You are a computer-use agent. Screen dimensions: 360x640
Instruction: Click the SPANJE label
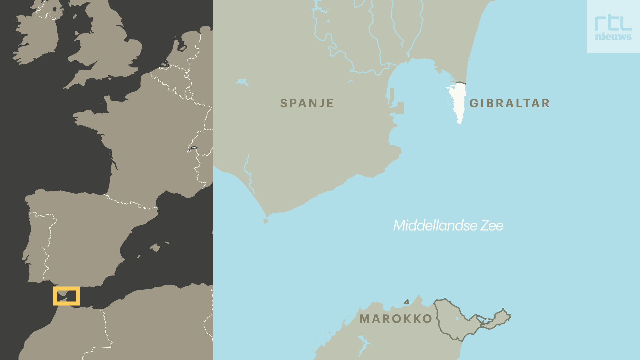[307, 103]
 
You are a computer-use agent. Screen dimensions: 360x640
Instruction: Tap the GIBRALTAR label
[509, 103]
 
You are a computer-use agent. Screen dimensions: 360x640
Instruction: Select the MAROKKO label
[396, 319]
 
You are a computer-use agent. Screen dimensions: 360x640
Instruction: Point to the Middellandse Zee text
[448, 226]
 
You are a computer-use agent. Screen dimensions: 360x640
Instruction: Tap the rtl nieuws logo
[613, 27]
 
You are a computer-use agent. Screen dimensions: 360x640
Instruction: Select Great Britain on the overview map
[107, 50]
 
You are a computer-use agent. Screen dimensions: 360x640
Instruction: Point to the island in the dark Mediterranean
[155, 247]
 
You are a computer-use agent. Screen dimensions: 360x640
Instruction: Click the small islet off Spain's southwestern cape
[266, 221]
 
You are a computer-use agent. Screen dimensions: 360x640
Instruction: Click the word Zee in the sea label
[492, 226]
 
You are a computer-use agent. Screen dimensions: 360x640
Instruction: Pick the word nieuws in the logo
[613, 37]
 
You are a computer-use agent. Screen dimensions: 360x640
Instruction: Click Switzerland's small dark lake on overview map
[192, 149]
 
